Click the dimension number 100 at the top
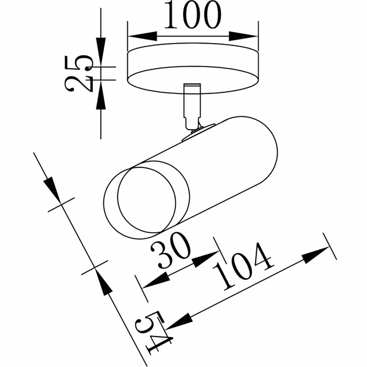[x=192, y=15]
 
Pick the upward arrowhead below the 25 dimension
[x=101, y=96]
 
